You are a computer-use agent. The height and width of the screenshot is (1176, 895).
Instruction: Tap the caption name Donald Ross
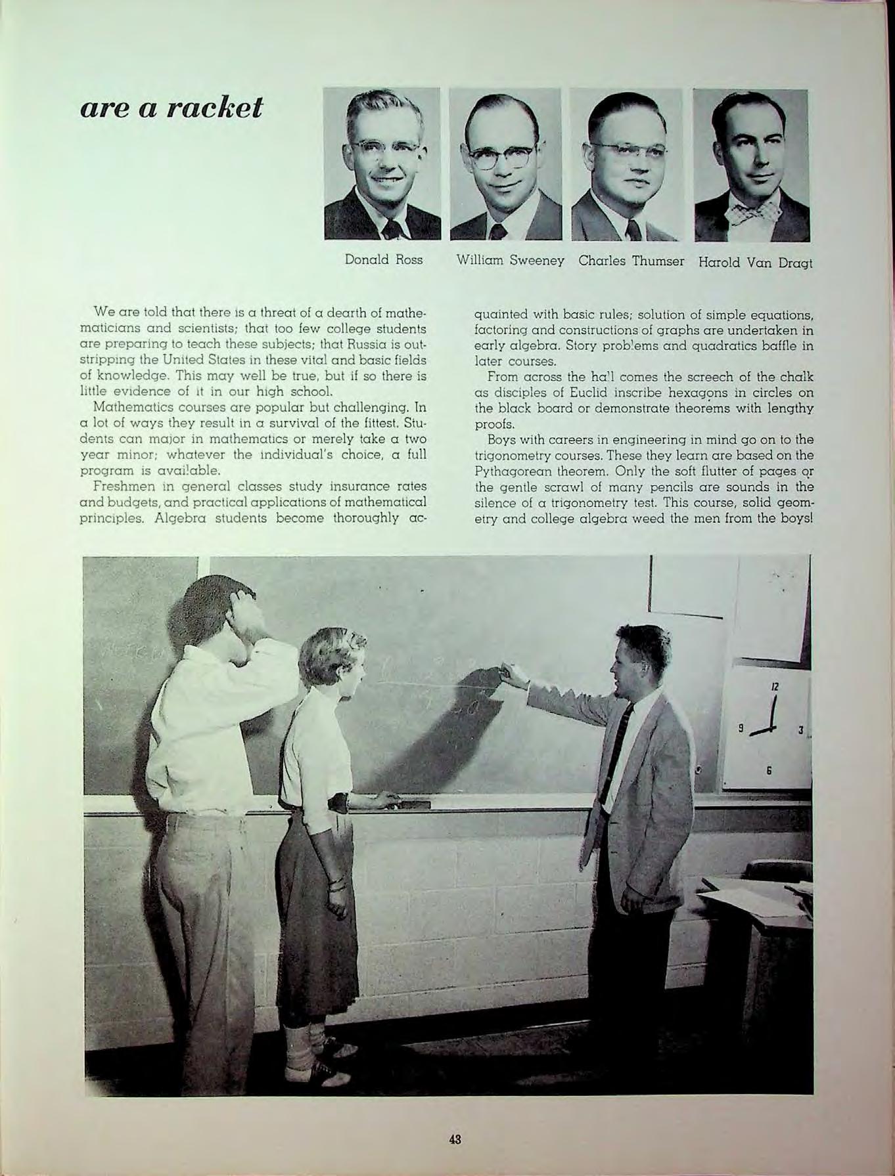(384, 260)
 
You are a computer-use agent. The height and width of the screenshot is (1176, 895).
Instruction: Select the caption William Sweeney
(511, 260)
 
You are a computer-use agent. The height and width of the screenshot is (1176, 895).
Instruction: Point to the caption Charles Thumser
(631, 260)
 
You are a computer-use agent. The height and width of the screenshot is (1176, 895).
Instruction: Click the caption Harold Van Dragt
(755, 263)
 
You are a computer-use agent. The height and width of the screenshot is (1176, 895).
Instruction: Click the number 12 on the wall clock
(775, 687)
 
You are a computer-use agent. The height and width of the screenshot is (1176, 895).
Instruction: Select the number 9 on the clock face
(741, 728)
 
